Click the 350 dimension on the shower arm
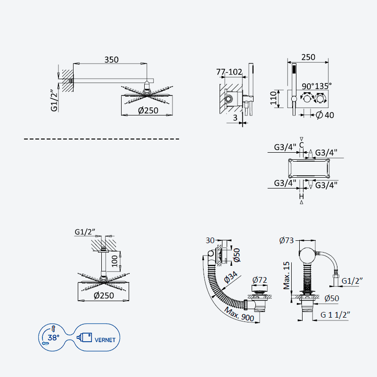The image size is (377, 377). [x=111, y=59]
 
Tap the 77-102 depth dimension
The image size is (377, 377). [x=229, y=72]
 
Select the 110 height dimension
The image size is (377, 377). [x=274, y=98]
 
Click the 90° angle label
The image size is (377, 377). [x=308, y=86]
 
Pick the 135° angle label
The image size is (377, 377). [x=323, y=86]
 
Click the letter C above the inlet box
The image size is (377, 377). [x=302, y=145]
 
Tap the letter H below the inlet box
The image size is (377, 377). [x=302, y=196]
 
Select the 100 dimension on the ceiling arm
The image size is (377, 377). [x=115, y=261]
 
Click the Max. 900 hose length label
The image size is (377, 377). [x=239, y=314]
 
